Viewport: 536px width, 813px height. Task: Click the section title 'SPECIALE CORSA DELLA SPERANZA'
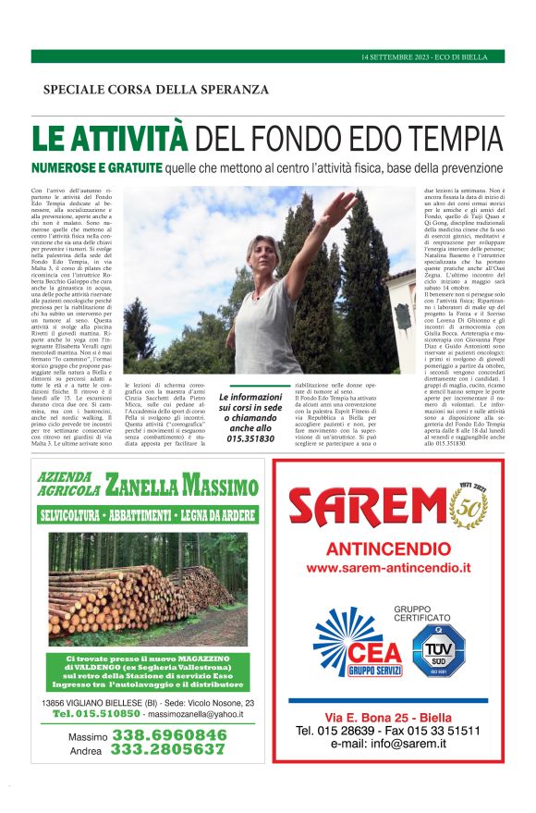tap(156, 90)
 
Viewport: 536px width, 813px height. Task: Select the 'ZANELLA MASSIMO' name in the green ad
tap(182, 485)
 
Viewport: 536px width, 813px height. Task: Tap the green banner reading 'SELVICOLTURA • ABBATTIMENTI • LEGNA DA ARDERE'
tap(148, 514)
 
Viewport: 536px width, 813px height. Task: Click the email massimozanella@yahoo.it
tap(198, 714)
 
